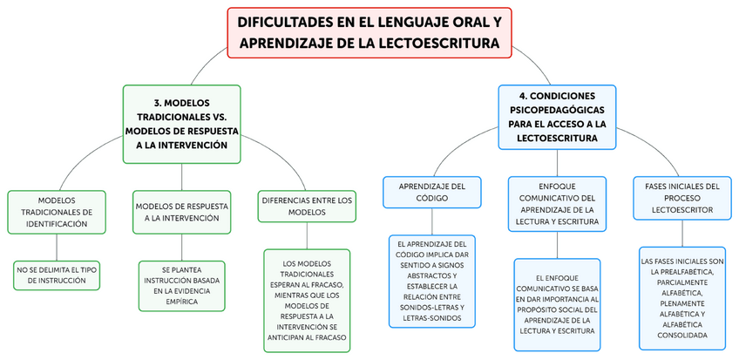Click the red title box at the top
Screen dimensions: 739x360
pos(369,32)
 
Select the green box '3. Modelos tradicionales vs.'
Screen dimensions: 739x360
pos(181,123)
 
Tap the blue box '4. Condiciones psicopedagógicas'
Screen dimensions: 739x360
pos(557,116)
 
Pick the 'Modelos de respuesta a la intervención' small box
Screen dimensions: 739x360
pos(182,212)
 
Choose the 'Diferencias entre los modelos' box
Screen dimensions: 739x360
pos(307,206)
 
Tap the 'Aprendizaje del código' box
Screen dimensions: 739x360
pos(432,192)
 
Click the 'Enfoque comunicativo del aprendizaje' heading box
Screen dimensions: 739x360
pos(557,203)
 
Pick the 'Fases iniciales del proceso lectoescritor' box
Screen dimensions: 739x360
pos(681,199)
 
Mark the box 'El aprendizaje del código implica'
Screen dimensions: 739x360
pos(432,282)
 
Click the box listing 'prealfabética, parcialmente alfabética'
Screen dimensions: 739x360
pos(682,298)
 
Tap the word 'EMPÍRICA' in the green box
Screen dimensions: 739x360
pos(181,302)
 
